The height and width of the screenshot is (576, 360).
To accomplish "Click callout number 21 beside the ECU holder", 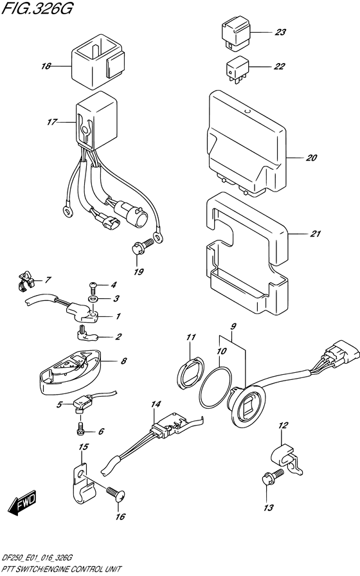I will pyautogui.click(x=314, y=234).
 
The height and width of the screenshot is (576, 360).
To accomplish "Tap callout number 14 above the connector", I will pyautogui.click(x=154, y=404).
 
